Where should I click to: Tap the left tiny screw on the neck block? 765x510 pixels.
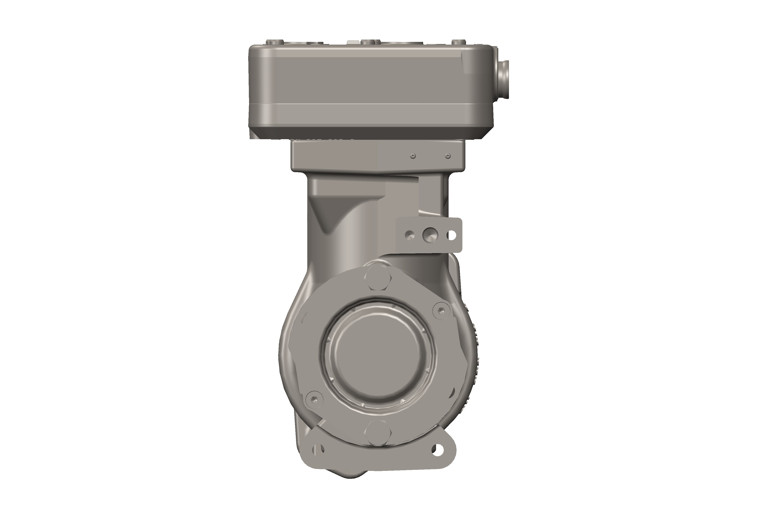(x=413, y=156)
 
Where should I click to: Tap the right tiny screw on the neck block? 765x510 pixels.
(x=448, y=156)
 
